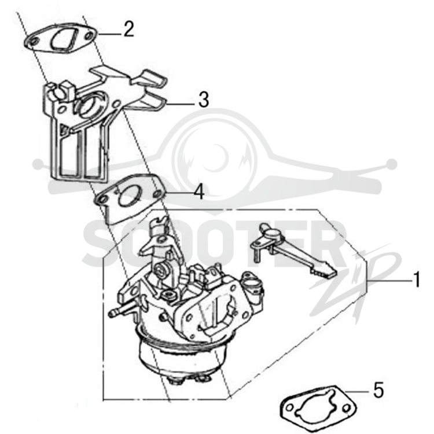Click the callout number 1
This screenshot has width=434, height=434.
pos(416,280)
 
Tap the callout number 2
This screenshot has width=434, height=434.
pos(128,29)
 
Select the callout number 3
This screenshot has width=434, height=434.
pos(204,100)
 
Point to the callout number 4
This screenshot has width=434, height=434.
pos(199,192)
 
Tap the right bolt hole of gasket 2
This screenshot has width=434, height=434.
pos(89,36)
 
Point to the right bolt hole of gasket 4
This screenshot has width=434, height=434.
pos(158,194)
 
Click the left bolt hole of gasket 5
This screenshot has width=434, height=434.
pos(289,408)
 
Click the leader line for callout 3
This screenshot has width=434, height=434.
pos(180,104)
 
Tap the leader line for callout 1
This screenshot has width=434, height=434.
pos(389,281)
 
